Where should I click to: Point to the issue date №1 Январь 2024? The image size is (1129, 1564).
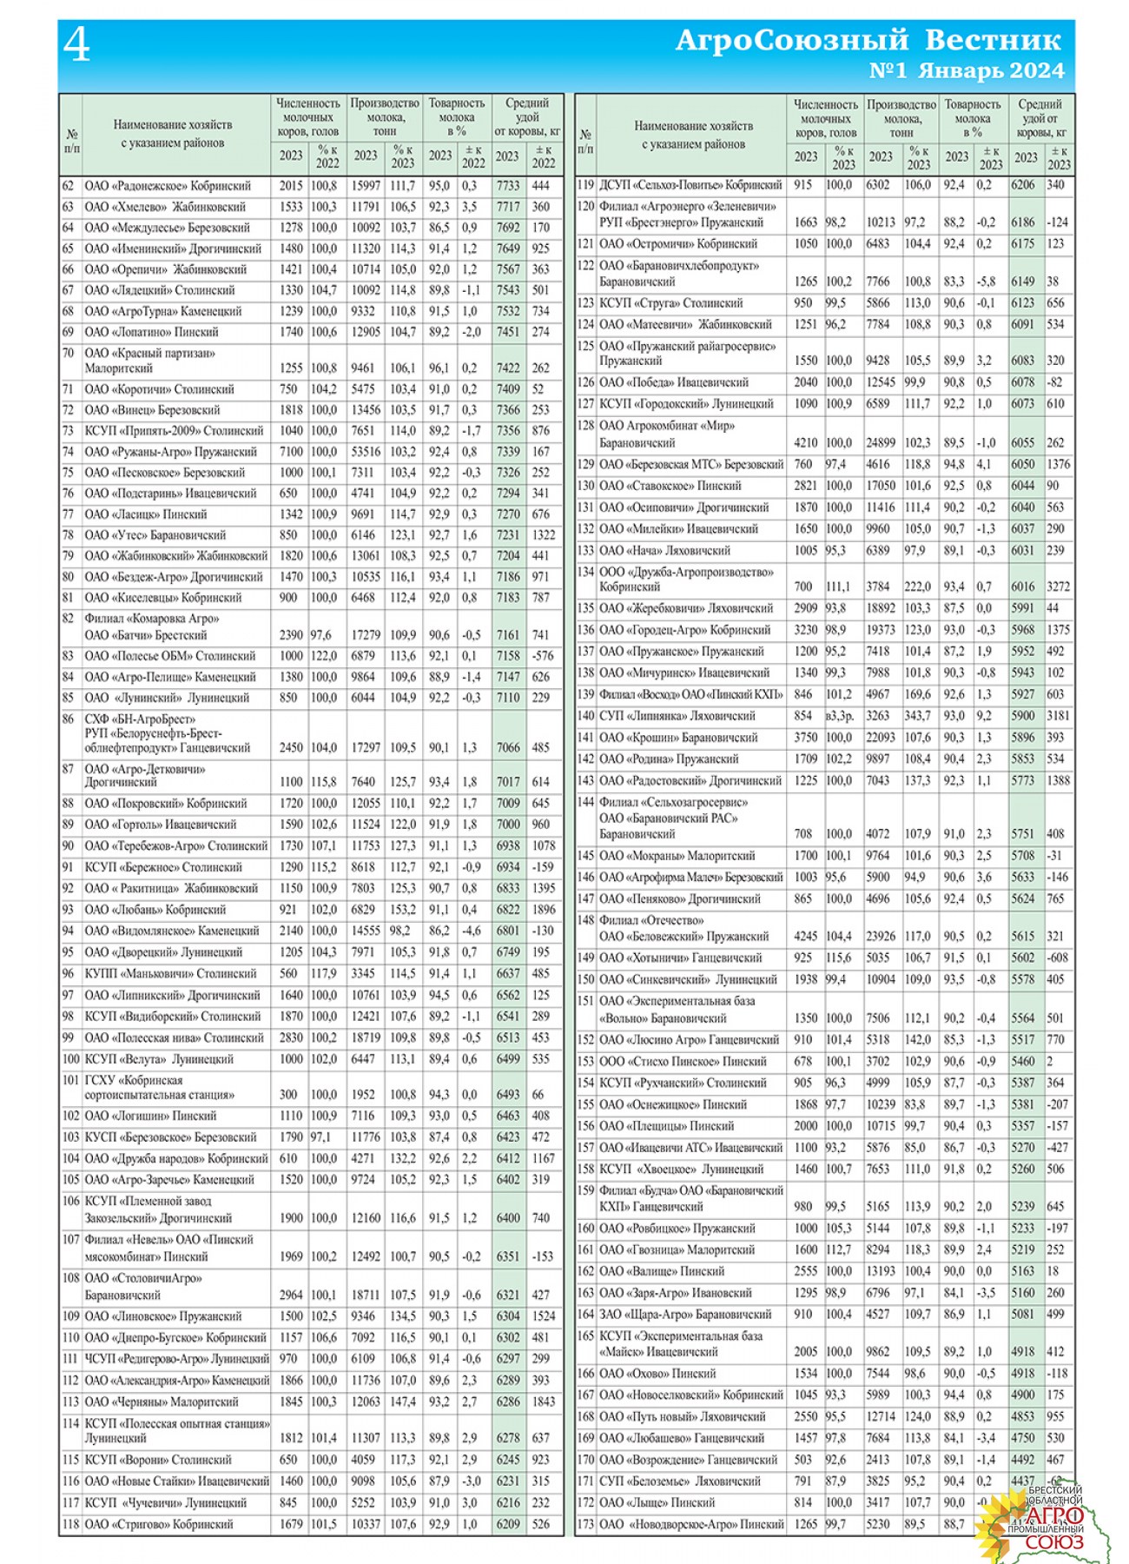point(966,71)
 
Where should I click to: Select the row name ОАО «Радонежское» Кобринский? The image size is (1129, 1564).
point(168,186)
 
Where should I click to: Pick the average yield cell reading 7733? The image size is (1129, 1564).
point(508,186)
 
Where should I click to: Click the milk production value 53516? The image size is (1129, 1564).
point(366,452)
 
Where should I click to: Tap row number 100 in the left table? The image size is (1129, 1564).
point(70,1059)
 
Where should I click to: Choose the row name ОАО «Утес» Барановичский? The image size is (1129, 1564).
point(155,535)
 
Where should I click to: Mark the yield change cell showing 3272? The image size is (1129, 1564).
point(1059,586)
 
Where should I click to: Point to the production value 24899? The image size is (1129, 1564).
point(881,442)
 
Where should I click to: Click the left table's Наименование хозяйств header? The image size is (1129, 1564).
point(173,134)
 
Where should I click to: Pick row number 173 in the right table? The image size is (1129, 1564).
point(585,1524)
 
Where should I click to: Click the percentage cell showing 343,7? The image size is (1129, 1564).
point(917,716)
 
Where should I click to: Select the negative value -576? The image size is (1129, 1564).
point(543,656)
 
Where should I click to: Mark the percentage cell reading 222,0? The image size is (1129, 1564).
point(917,586)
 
